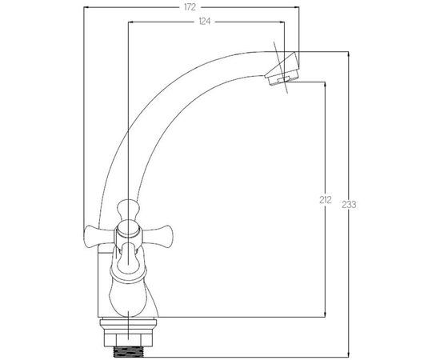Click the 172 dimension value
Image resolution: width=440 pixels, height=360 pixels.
[x=190, y=7]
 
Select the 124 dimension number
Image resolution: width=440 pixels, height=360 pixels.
[x=205, y=22]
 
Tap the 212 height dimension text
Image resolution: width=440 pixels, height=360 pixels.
[x=326, y=200]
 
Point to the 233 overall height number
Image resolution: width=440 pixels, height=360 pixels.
[x=349, y=205]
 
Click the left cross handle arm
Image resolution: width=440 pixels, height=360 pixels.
[x=98, y=236]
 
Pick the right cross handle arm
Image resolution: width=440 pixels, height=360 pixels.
[x=156, y=236]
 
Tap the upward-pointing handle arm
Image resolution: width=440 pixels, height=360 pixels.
[x=129, y=210]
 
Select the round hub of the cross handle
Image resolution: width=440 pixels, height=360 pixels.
[x=128, y=229]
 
